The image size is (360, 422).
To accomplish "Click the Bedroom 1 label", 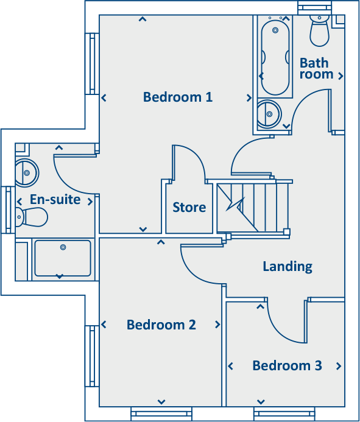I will pyautogui.click(x=178, y=97).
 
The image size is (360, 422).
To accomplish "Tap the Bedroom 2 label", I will pyautogui.click(x=161, y=325).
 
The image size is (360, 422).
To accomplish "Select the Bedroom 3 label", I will pyautogui.click(x=287, y=366).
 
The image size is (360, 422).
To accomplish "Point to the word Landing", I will pyautogui.click(x=288, y=266).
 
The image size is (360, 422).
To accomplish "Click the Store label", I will pyautogui.click(x=189, y=208).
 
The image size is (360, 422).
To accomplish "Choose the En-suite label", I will pyautogui.click(x=55, y=200).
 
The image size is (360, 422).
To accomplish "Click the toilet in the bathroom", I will pyautogui.click(x=319, y=31).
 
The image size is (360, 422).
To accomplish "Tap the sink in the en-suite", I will pyautogui.click(x=26, y=172).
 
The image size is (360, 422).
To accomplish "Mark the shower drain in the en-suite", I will pyautogui.click(x=63, y=247).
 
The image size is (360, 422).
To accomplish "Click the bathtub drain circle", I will pyautogui.click(x=275, y=29).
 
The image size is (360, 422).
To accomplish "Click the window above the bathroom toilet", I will pyautogui.click(x=315, y=7).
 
